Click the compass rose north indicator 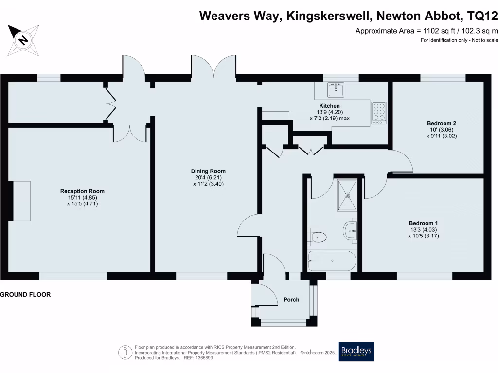coord(22,38)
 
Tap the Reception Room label coord(82,191)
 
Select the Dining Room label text coord(208,171)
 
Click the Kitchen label coord(329,106)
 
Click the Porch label coord(291,300)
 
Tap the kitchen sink coord(336,90)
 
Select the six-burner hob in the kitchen coord(379,113)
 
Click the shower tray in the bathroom coord(347,195)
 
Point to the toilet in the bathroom coord(317,237)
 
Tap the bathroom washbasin coord(350,231)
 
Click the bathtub coord(332,261)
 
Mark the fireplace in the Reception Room coord(21,201)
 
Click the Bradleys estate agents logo coord(357,352)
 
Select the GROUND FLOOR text coord(25,295)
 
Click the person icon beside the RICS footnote coord(126,352)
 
